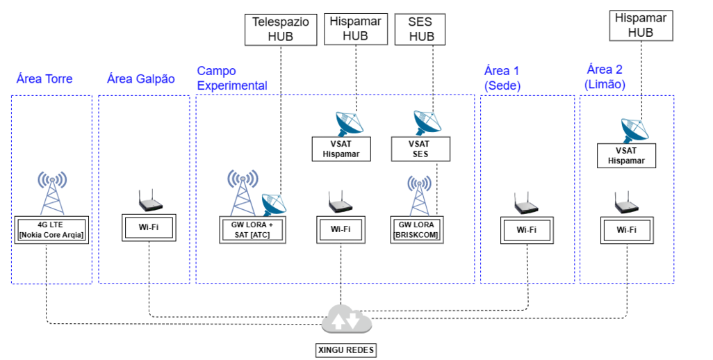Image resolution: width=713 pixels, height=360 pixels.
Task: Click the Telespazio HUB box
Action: [280, 29]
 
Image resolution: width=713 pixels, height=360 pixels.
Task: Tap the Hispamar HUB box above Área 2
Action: [640, 25]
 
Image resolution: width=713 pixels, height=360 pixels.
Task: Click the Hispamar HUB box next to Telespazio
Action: [356, 29]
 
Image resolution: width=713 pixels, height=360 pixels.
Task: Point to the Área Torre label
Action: [44, 79]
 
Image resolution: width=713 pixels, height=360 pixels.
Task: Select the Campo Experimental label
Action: [232, 78]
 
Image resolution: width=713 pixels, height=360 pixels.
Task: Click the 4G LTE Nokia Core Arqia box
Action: [51, 227]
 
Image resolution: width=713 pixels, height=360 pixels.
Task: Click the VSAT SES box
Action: [420, 149]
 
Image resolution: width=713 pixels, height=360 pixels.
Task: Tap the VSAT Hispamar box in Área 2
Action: [626, 155]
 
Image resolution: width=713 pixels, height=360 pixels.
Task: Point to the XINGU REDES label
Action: [345, 350]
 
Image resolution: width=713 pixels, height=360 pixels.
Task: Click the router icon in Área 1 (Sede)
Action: [525, 204]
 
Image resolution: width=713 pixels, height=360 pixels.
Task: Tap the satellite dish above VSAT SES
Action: [426, 122]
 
